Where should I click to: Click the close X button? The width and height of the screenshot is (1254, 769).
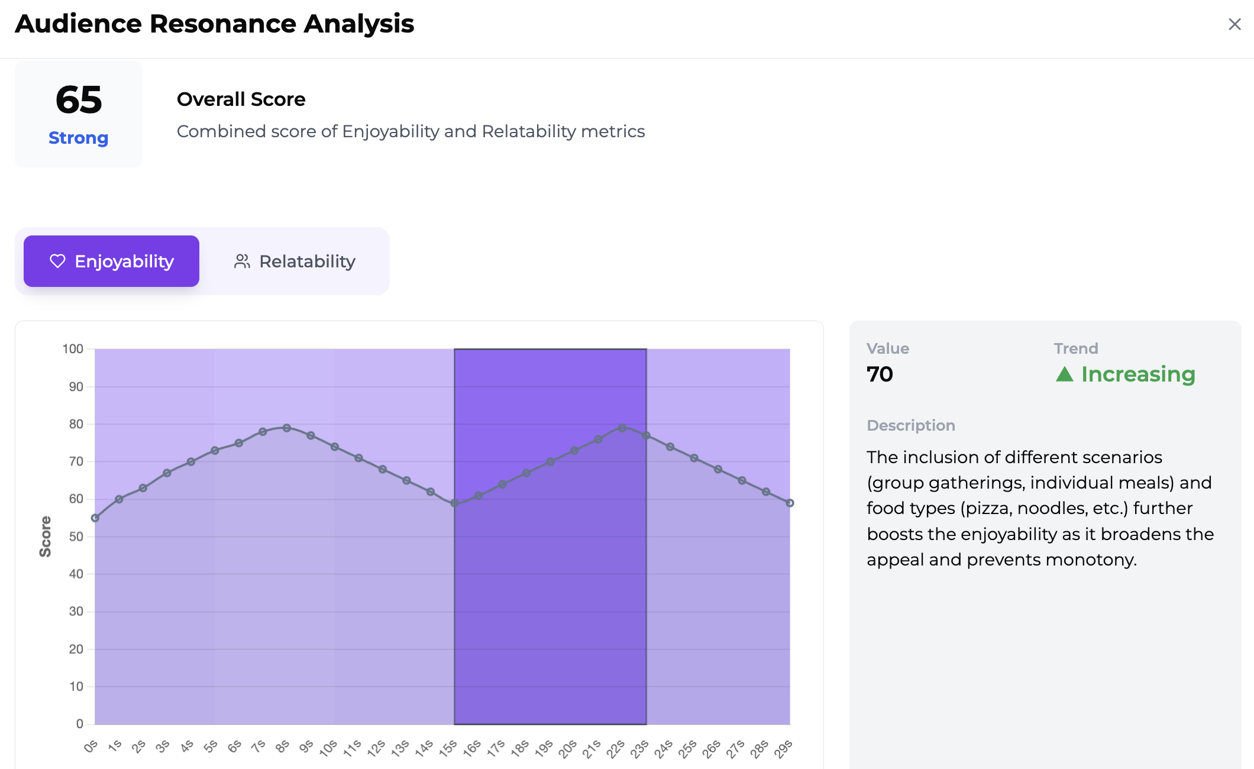1234,24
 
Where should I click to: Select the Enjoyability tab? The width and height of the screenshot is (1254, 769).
111,261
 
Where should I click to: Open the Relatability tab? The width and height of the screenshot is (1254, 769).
295,261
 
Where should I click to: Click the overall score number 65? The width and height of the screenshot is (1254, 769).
79,99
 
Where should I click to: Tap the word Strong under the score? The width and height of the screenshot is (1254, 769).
79,138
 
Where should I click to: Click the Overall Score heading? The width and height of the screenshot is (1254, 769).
241,99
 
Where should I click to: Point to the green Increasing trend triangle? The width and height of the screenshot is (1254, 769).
1064,374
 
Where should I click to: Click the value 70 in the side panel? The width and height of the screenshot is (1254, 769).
880,374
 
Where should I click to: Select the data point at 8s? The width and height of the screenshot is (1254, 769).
287,428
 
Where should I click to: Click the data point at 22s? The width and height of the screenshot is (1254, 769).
622,428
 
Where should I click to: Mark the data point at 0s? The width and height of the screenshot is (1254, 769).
95,518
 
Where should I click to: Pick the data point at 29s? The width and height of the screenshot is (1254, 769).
790,503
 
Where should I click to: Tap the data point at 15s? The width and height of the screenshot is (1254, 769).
454,503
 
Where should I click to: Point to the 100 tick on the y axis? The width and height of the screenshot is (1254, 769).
73,349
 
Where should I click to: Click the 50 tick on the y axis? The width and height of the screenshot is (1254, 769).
76,537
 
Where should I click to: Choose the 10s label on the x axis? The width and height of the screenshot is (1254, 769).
328,748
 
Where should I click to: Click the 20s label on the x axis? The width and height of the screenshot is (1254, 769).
568,748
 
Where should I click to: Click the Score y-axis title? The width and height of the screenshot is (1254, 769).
46,537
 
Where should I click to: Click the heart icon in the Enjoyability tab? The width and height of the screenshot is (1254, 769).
57,261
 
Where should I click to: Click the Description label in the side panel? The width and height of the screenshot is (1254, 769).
910,425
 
